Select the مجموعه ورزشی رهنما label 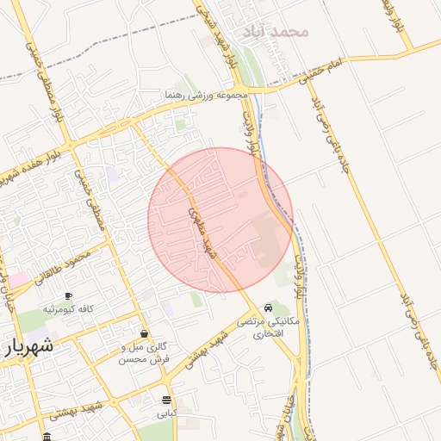coord(207,93)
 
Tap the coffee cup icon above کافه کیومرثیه coord(68,295)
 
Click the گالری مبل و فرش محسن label coord(144,351)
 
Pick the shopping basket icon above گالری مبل coord(143,333)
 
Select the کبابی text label coord(165,413)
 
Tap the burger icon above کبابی coord(165,400)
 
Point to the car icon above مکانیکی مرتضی coord(269,307)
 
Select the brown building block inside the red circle coord(266,239)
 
